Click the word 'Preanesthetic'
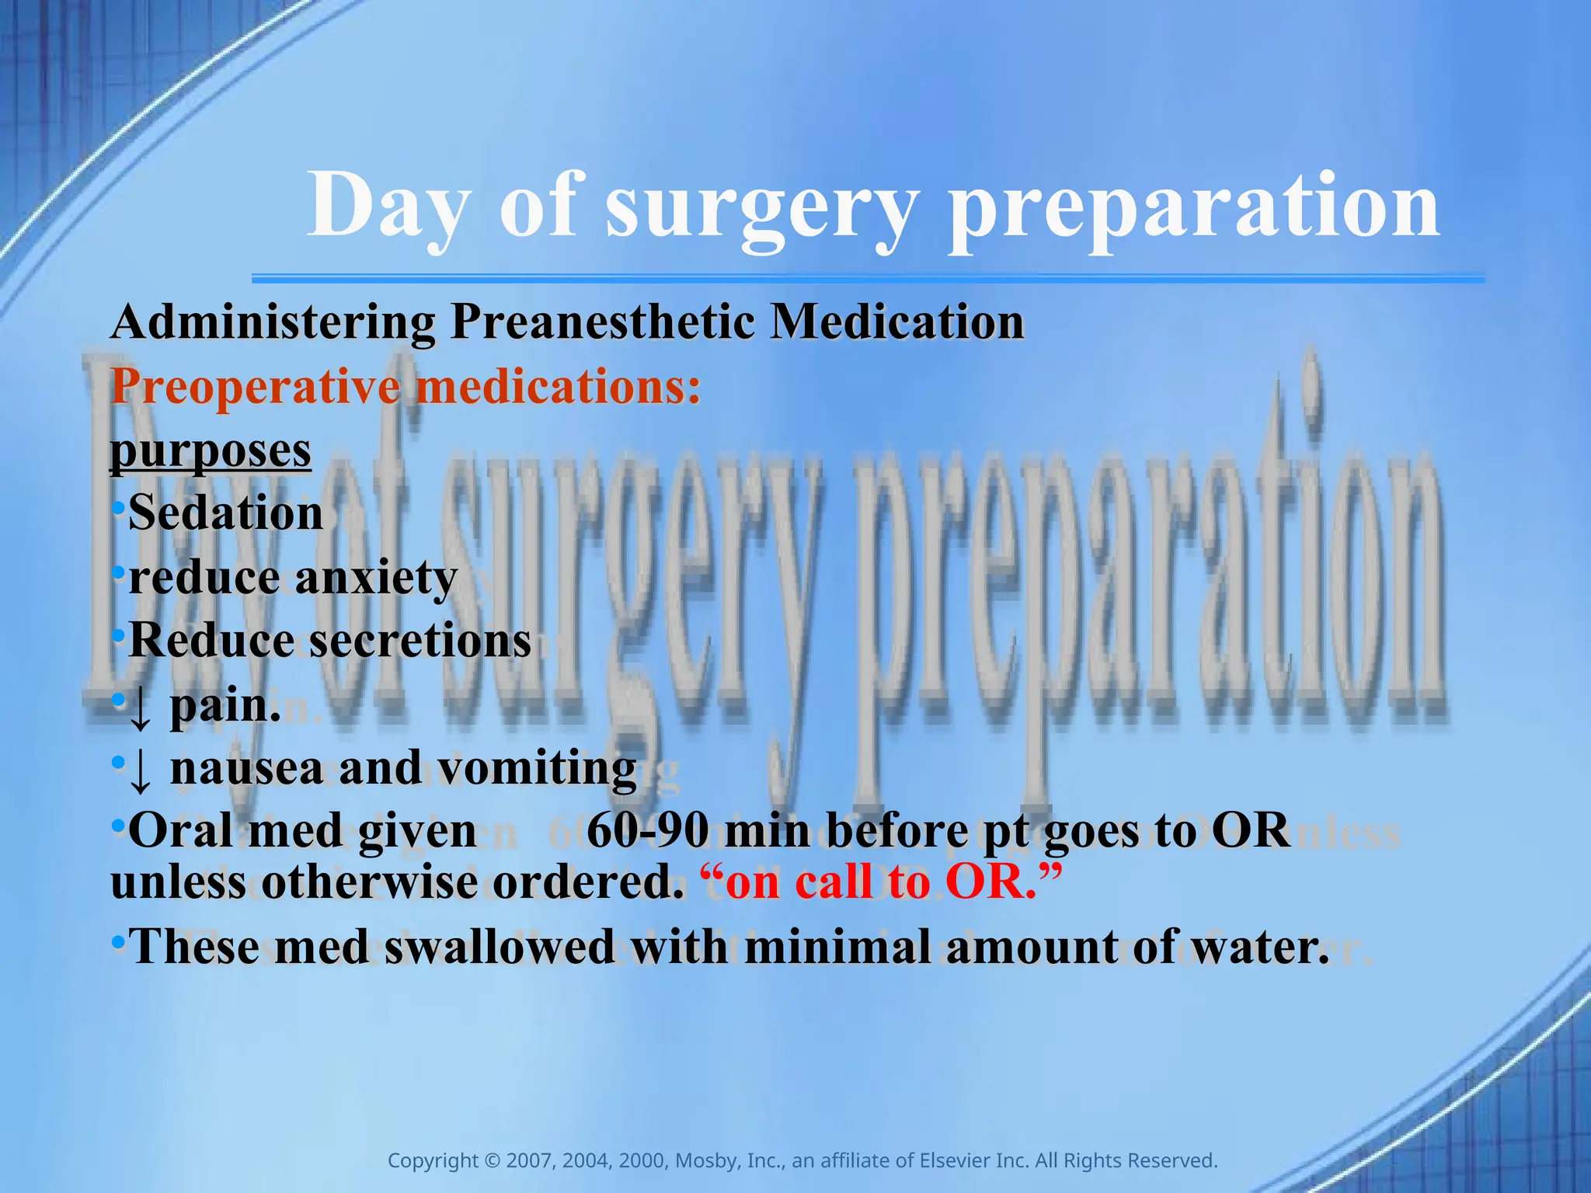602,322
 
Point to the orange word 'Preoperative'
256,386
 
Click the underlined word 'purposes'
211,450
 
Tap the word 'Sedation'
225,514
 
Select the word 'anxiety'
376,578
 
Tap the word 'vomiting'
537,768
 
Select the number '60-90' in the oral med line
647,831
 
